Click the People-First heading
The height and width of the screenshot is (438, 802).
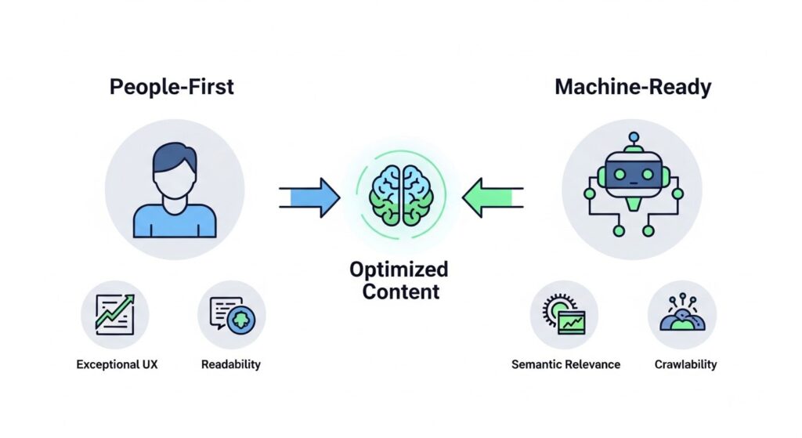click(172, 86)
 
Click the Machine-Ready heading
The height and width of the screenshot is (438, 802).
click(633, 86)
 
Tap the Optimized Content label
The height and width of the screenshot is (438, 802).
click(399, 281)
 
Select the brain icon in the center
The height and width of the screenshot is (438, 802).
click(401, 196)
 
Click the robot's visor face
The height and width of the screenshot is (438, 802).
click(631, 175)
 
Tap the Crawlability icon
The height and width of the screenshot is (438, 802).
click(681, 315)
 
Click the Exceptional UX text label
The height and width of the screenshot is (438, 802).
click(117, 364)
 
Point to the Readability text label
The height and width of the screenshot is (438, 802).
click(231, 364)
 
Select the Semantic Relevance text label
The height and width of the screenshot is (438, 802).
click(565, 364)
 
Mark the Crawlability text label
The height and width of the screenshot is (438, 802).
click(685, 364)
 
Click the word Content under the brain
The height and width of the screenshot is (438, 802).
click(399, 292)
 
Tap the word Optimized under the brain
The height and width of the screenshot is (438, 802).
click(399, 270)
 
